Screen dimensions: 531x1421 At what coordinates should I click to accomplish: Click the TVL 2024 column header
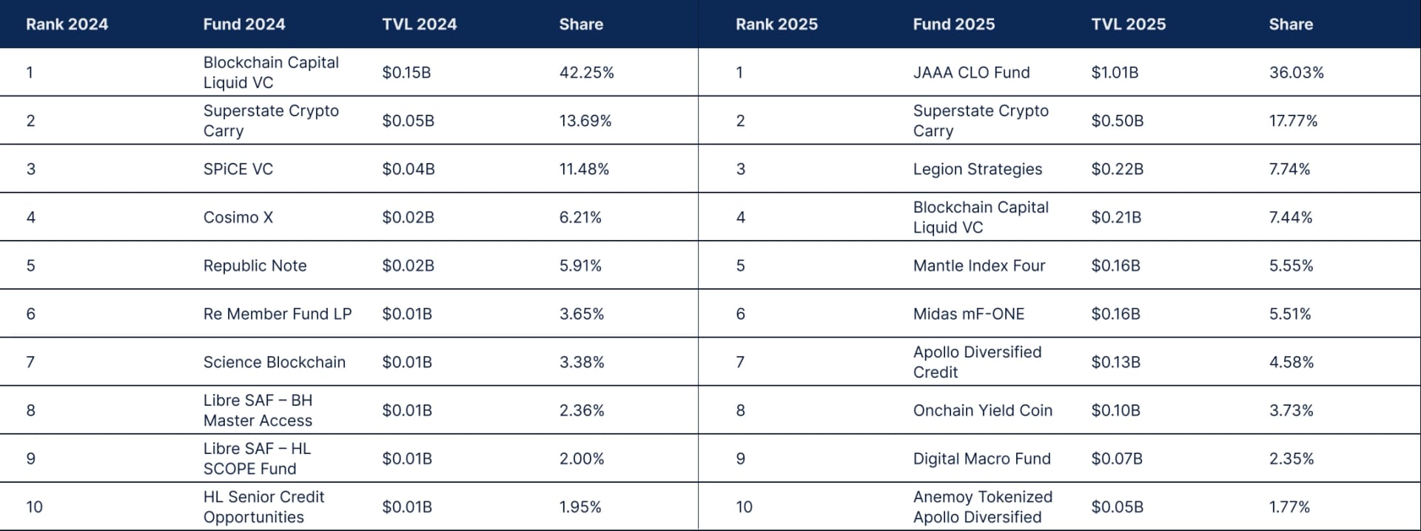pos(419,24)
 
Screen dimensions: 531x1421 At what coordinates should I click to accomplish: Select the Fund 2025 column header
pos(953,24)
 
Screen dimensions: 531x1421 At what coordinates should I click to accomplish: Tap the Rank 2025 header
pos(776,24)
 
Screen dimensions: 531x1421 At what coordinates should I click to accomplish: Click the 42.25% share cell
pos(586,73)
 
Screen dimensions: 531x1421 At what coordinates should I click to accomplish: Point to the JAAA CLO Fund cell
pos(971,73)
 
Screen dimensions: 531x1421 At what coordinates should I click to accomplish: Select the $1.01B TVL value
pos(1115,73)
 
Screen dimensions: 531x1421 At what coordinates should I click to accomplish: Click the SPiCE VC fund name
pos(238,169)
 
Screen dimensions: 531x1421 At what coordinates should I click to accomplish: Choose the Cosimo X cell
pos(238,217)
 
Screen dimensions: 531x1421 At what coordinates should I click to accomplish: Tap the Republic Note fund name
pos(255,265)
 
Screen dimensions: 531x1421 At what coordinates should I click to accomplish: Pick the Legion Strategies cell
pos(977,169)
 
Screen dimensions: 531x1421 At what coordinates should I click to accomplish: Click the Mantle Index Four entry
pos(978,265)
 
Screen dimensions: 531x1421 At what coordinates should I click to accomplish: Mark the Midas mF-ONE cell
pos(968,314)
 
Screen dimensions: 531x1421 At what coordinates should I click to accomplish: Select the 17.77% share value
pos(1293,121)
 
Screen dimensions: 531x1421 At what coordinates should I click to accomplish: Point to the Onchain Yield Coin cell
pos(982,410)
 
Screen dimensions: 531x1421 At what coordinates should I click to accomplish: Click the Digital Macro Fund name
pos(981,458)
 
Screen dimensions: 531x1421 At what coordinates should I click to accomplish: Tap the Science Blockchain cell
pos(274,362)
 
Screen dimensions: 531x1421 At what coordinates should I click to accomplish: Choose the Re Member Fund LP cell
pos(277,314)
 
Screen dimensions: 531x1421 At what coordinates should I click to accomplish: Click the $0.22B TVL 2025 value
pos(1117,169)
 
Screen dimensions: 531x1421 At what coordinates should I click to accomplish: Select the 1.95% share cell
pos(580,507)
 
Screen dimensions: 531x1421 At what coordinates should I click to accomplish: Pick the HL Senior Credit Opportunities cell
pos(263,507)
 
